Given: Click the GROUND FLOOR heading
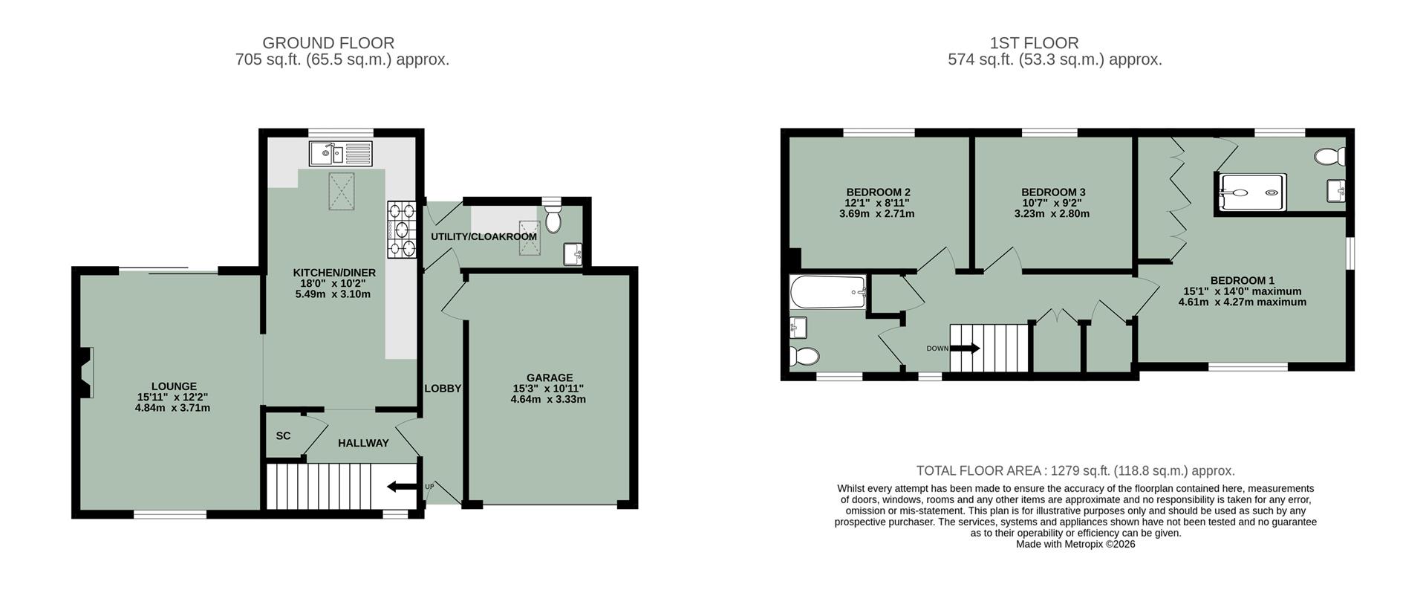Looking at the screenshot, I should pyautogui.click(x=328, y=43).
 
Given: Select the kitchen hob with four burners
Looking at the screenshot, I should pyautogui.click(x=402, y=230).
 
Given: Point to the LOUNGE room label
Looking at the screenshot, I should pyautogui.click(x=174, y=386).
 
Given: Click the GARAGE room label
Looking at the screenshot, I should pyautogui.click(x=549, y=377).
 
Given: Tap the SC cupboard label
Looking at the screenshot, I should pyautogui.click(x=283, y=436).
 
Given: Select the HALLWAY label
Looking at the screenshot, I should pyautogui.click(x=363, y=444).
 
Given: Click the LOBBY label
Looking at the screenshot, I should pyautogui.click(x=443, y=389).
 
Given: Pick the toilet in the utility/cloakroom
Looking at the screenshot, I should pyautogui.click(x=553, y=219).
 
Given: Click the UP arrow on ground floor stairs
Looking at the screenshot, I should pyautogui.click(x=402, y=487).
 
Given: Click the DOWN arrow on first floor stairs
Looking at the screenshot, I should pyautogui.click(x=965, y=348).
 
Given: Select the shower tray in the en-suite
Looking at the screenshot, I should pyautogui.click(x=1251, y=193).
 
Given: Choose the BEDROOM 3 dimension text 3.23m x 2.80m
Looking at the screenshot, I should pyautogui.click(x=1052, y=214).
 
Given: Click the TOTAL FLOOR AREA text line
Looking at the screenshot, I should pyautogui.click(x=1075, y=470).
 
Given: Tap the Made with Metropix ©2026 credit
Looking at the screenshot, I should pyautogui.click(x=1075, y=544).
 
